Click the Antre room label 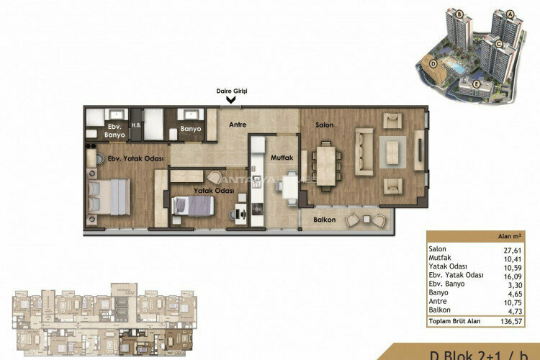pos(238,125)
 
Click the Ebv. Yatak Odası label pos(129,158)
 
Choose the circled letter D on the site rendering pos(433,63)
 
